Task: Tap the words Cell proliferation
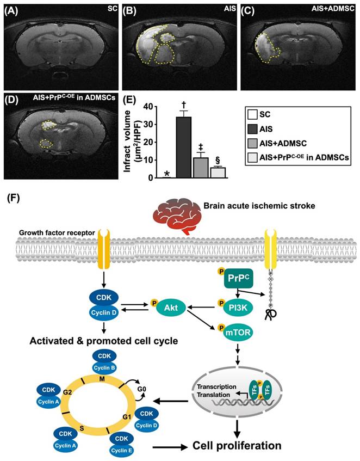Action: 237,446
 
